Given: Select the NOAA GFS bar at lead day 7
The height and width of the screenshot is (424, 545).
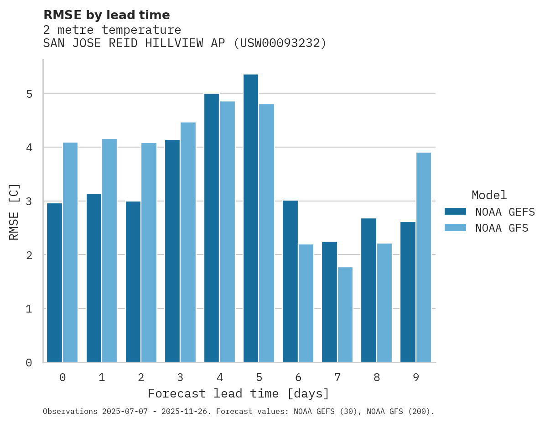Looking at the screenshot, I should coord(345,315).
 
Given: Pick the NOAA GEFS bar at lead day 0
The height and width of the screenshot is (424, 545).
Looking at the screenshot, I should coord(55,283).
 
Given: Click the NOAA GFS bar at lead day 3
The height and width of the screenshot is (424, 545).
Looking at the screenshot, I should coord(188,242).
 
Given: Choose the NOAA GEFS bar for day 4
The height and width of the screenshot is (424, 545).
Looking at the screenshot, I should coord(212,228).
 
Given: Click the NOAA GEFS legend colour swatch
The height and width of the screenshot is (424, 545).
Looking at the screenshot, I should coord(455,212).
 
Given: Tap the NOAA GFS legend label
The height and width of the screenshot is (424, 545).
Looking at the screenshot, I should coord(502,228).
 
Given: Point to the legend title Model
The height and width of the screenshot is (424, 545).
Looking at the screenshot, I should coord(489,196).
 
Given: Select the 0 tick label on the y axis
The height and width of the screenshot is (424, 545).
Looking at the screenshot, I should coord(29,363).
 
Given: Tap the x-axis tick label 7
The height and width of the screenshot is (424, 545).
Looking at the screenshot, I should coord(337,378).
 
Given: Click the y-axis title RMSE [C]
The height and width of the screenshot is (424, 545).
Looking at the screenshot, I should coord(14,212).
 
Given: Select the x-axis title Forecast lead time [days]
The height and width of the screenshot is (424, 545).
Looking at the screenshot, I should coord(238,394).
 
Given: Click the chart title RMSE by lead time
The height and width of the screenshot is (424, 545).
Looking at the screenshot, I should coord(106,15).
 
